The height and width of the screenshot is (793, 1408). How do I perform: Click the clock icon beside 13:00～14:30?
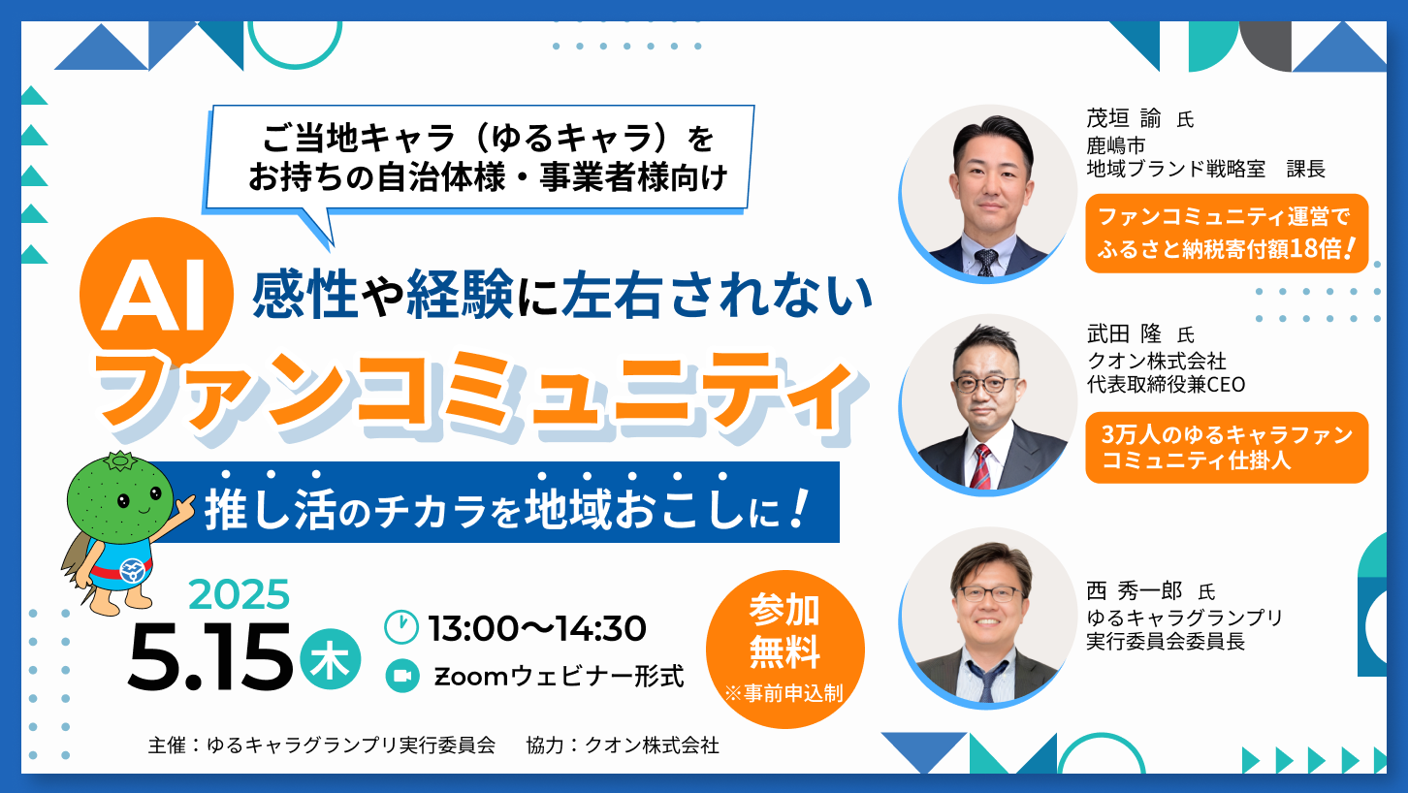click(401, 626)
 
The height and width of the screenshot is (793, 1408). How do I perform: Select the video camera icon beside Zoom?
click(402, 676)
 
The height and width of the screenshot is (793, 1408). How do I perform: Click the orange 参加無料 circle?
click(785, 650)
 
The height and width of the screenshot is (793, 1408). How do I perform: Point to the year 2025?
click(239, 594)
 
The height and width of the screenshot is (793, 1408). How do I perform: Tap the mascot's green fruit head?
click(120, 497)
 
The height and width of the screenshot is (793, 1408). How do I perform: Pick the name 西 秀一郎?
click(1134, 590)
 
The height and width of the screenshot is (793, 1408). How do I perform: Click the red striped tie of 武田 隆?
click(981, 466)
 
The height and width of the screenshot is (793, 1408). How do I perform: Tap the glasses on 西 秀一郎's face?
click(988, 594)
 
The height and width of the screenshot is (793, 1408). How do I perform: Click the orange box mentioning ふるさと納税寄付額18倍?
click(1227, 233)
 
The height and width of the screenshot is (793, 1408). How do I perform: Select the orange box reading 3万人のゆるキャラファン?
click(1227, 448)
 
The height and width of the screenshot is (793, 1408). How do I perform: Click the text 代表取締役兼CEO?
click(1166, 385)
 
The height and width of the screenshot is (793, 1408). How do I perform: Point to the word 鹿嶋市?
click(1116, 145)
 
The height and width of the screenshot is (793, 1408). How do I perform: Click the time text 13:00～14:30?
click(537, 628)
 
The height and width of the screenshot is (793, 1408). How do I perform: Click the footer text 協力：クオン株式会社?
click(623, 745)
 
